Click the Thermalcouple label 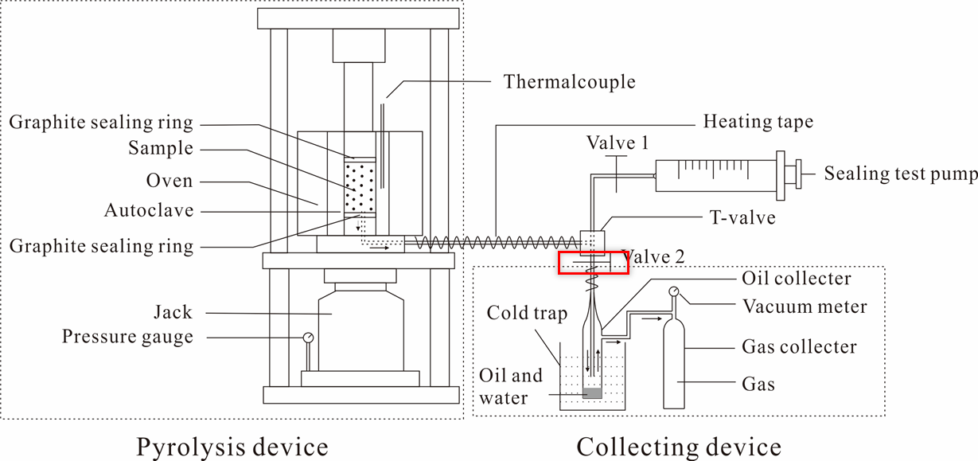pyautogui.click(x=570, y=82)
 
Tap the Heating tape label pyautogui.click(x=758, y=122)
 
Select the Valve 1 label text pyautogui.click(x=618, y=143)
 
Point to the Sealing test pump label pyautogui.click(x=900, y=174)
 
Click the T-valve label pyautogui.click(x=742, y=217)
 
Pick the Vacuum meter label pyautogui.click(x=805, y=306)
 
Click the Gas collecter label pyautogui.click(x=799, y=346)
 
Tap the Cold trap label pyautogui.click(x=527, y=313)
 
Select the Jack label pyautogui.click(x=173, y=313)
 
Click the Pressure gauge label pyautogui.click(x=127, y=337)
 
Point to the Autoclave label pyautogui.click(x=149, y=211)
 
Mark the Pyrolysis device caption pyautogui.click(x=232, y=446)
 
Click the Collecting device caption pyautogui.click(x=679, y=446)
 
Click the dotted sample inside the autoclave pyautogui.click(x=360, y=185)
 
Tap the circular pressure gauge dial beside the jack pyautogui.click(x=308, y=337)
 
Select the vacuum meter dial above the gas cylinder pyautogui.click(x=673, y=292)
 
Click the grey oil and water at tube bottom pyautogui.click(x=593, y=393)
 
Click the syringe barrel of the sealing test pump pyautogui.click(x=715, y=174)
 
